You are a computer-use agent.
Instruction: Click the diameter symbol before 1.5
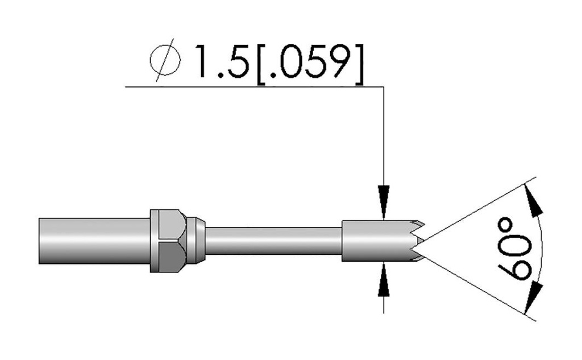click(165, 60)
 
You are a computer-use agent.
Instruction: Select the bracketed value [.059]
click(310, 64)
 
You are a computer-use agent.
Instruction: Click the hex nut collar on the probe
click(168, 241)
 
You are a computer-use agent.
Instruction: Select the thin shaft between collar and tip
click(273, 241)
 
